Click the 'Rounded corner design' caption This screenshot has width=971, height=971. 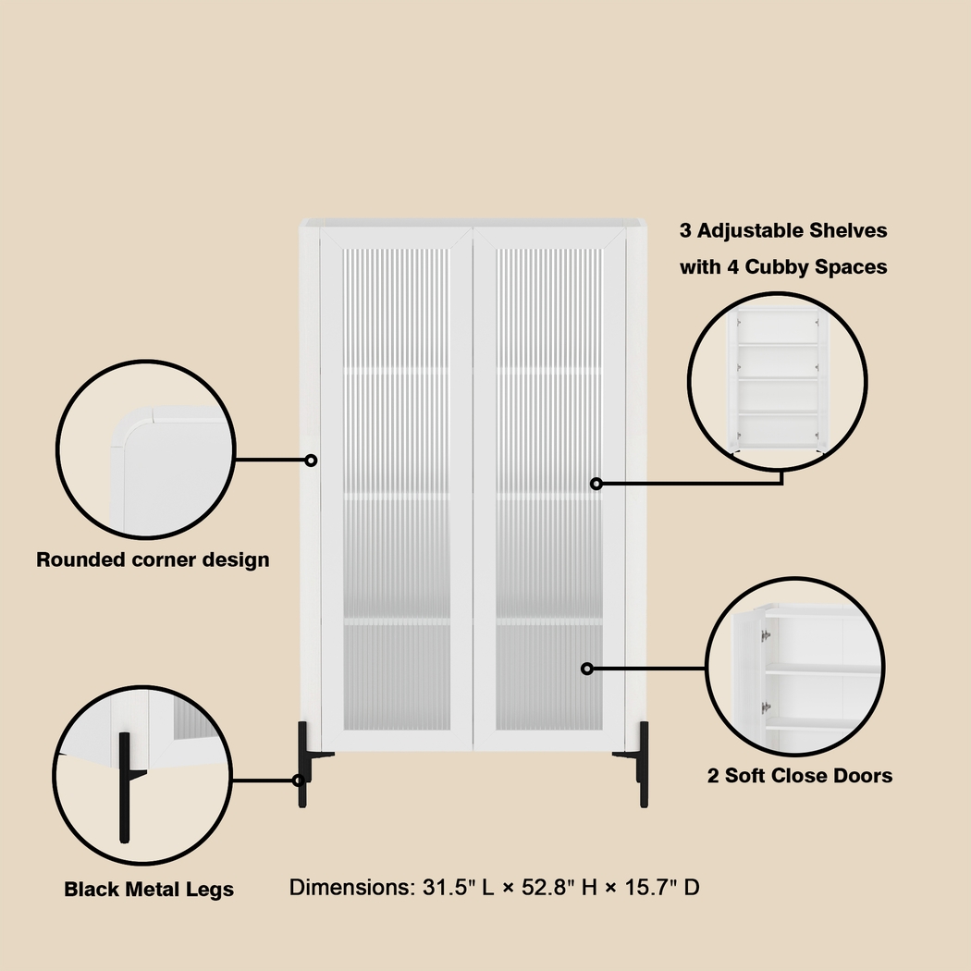point(153,559)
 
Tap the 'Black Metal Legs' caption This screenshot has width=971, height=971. point(149,890)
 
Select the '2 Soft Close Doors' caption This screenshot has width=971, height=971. point(800,776)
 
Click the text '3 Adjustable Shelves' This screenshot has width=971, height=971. point(783,230)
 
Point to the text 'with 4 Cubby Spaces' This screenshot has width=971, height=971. point(783,267)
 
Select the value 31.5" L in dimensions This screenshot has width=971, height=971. point(444,888)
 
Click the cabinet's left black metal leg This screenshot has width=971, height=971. point(303,763)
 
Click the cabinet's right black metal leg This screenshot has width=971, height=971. point(643,763)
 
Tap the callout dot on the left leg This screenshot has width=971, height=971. point(299,780)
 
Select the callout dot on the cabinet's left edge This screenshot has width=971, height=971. point(312,460)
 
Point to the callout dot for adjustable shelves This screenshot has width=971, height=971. point(596,483)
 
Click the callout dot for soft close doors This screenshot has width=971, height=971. point(586,668)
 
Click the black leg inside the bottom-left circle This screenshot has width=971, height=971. point(123,786)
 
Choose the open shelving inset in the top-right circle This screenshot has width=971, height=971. point(778,379)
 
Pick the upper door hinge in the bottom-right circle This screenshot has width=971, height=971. point(766,635)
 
